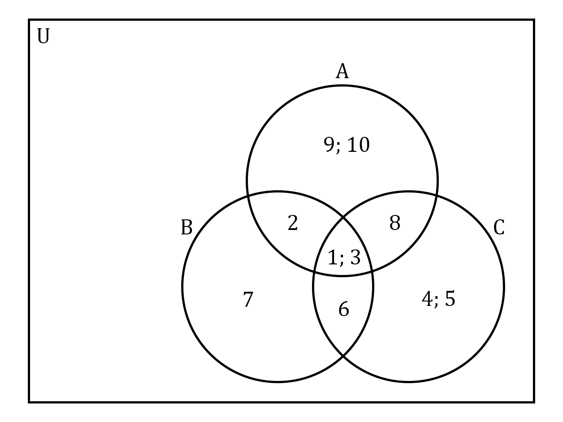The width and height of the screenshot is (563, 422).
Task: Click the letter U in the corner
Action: tap(43, 36)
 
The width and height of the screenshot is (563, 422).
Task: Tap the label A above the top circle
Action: tap(342, 71)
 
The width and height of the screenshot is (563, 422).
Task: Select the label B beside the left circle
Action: tap(186, 227)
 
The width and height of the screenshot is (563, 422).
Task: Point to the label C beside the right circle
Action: tap(499, 227)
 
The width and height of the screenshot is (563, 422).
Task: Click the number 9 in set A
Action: tap(329, 144)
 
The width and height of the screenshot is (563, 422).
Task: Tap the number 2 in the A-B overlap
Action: tap(293, 222)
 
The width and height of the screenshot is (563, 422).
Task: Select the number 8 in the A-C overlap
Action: tap(395, 222)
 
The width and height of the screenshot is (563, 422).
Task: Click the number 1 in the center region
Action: tap(332, 257)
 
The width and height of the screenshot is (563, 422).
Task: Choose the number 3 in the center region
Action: tap(355, 257)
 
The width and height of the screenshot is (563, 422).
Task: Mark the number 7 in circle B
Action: tap(248, 299)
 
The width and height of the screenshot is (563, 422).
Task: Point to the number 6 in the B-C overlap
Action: tap(344, 309)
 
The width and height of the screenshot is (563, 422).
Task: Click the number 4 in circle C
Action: tap(427, 298)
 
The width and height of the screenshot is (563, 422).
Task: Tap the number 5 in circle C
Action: tap(450, 298)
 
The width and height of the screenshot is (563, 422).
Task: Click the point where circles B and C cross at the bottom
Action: tap(343, 356)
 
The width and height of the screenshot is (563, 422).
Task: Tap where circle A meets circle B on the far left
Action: tap(248, 196)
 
